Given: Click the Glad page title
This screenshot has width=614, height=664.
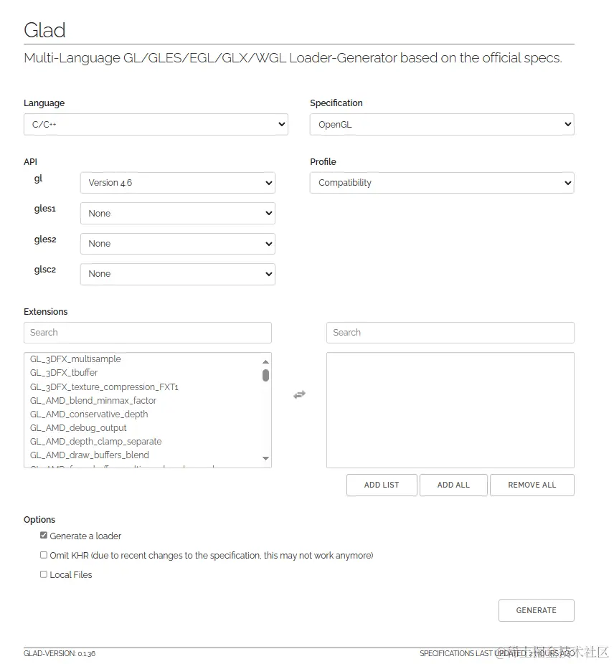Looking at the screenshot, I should tap(44, 30).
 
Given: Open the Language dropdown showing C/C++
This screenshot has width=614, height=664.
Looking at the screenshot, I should tap(156, 124).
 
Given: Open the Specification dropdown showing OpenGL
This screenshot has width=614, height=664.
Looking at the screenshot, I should tap(442, 124).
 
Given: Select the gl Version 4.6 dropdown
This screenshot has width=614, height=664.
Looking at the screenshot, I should tap(177, 183).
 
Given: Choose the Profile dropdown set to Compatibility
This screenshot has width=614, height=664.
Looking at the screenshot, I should tap(442, 183).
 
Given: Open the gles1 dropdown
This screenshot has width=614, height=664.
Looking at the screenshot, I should tap(177, 213).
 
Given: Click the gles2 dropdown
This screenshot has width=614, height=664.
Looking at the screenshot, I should tap(177, 244).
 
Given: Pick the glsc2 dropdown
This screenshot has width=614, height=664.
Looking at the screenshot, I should tap(177, 274).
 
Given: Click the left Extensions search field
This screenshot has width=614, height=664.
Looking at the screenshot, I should tap(148, 333).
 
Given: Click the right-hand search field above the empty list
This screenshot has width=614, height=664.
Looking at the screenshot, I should tap(450, 333).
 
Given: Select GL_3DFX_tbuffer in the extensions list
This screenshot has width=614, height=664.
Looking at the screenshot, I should tap(64, 373).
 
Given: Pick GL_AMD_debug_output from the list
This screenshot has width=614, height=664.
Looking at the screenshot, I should tap(78, 428).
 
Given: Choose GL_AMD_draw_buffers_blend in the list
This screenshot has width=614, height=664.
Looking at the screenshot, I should tap(90, 455).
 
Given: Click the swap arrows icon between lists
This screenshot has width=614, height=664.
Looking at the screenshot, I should tap(299, 394).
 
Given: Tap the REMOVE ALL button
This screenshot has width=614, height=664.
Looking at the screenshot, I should tap(532, 485).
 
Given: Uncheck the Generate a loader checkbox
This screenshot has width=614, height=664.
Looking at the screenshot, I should tap(44, 536).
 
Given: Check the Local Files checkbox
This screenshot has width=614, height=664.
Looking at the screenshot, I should tap(44, 574).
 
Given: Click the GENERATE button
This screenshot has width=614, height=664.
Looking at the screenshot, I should tap(536, 610).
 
